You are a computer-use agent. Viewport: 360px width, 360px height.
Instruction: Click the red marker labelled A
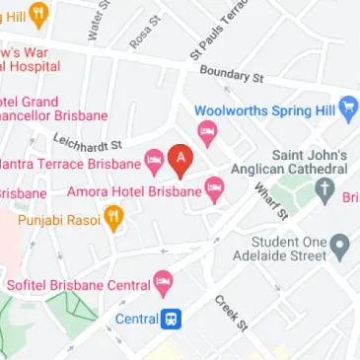tap(179, 158)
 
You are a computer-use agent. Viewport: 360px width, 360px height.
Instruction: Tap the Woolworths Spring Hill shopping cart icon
tap(348, 110)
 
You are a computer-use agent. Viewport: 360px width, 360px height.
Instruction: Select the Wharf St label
tap(268, 200)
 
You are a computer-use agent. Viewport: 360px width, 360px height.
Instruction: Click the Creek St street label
tap(228, 310)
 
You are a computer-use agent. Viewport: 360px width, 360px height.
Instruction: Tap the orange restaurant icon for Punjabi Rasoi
tap(114, 219)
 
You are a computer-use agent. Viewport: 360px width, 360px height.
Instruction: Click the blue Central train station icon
tap(173, 319)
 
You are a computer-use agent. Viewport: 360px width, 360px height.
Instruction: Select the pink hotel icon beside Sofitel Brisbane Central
tap(164, 285)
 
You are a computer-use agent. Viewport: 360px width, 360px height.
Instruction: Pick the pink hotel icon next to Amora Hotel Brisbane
tap(215, 192)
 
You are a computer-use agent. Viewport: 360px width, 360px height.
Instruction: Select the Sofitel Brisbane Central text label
tap(78, 285)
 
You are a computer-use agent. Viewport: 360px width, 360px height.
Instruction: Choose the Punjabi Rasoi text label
tap(59, 219)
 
